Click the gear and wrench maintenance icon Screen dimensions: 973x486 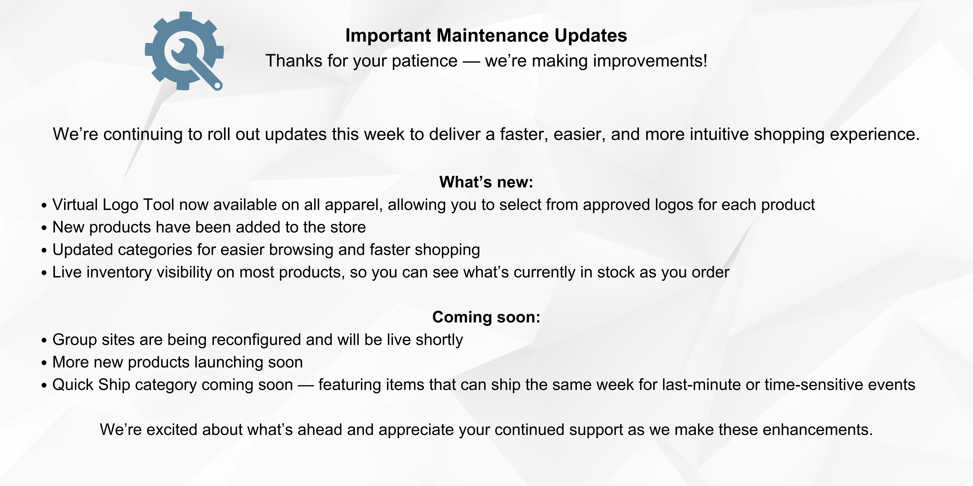click(184, 51)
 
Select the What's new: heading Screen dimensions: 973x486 click(486, 182)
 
